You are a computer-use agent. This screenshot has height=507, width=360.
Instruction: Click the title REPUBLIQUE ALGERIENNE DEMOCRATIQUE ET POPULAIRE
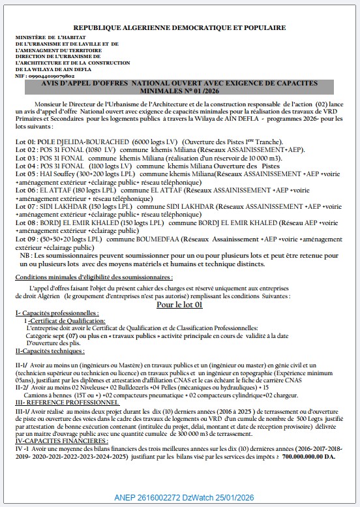click(179, 28)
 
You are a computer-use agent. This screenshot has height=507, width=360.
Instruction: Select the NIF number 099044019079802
click(49, 76)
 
